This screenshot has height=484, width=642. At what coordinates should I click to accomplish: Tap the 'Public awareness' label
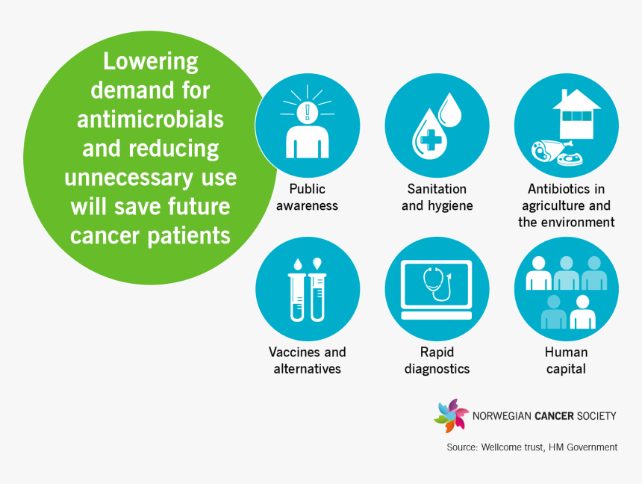307,197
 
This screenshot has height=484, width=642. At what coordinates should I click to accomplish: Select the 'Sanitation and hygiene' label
437,197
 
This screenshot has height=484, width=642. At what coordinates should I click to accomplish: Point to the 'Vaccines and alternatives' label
307,360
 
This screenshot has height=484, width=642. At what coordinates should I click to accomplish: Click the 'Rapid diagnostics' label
437,360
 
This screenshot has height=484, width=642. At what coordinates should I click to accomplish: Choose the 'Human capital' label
566,360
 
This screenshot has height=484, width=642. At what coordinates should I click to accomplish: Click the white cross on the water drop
427,140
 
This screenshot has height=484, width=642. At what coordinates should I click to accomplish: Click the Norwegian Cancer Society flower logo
450,415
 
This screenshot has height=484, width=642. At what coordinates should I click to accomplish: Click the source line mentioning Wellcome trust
532,447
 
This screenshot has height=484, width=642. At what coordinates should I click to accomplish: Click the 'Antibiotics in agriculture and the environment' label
566,205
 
